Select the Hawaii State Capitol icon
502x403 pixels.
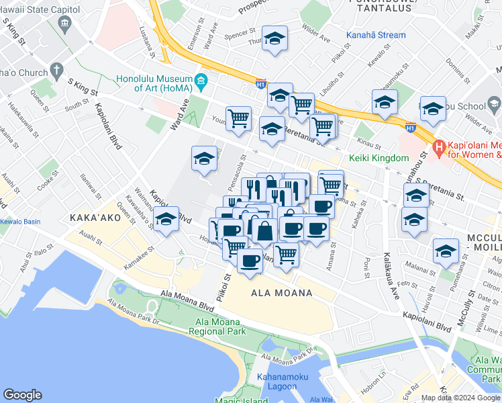64,25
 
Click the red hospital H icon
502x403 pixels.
439,146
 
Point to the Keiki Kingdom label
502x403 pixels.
379,158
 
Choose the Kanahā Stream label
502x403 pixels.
376,35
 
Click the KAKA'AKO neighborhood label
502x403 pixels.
95,218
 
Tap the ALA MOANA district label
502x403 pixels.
282,294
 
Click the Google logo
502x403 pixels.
23,394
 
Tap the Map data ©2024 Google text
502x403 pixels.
460,398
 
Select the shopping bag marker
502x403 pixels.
265,230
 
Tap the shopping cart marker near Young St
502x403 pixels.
238,119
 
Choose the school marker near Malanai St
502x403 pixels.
446,251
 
